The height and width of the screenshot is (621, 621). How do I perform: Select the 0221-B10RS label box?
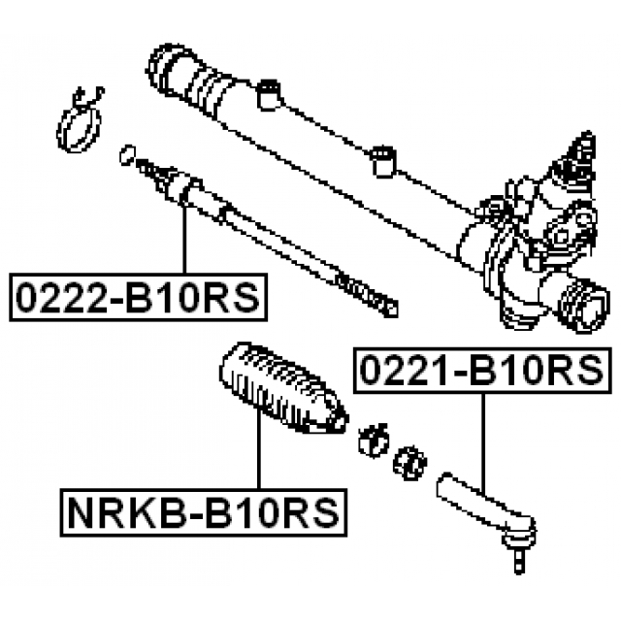point(482,370)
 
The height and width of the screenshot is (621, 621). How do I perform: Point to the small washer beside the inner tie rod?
point(125,152)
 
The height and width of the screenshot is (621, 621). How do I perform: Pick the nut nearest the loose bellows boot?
point(374,439)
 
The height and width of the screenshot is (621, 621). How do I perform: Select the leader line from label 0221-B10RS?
point(482,437)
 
